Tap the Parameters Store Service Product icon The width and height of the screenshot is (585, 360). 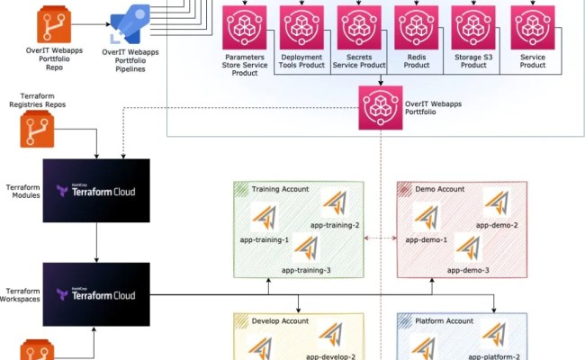click(x=244, y=28)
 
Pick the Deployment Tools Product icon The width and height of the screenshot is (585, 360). click(x=301, y=28)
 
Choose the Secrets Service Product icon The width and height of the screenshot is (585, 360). click(x=359, y=28)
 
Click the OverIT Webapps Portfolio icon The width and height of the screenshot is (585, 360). click(x=380, y=108)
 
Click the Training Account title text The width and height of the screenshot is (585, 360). click(x=280, y=189)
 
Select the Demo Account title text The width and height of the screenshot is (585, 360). click(x=440, y=189)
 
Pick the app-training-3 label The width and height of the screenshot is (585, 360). click(x=306, y=270)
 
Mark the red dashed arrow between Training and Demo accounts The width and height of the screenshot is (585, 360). click(x=380, y=239)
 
